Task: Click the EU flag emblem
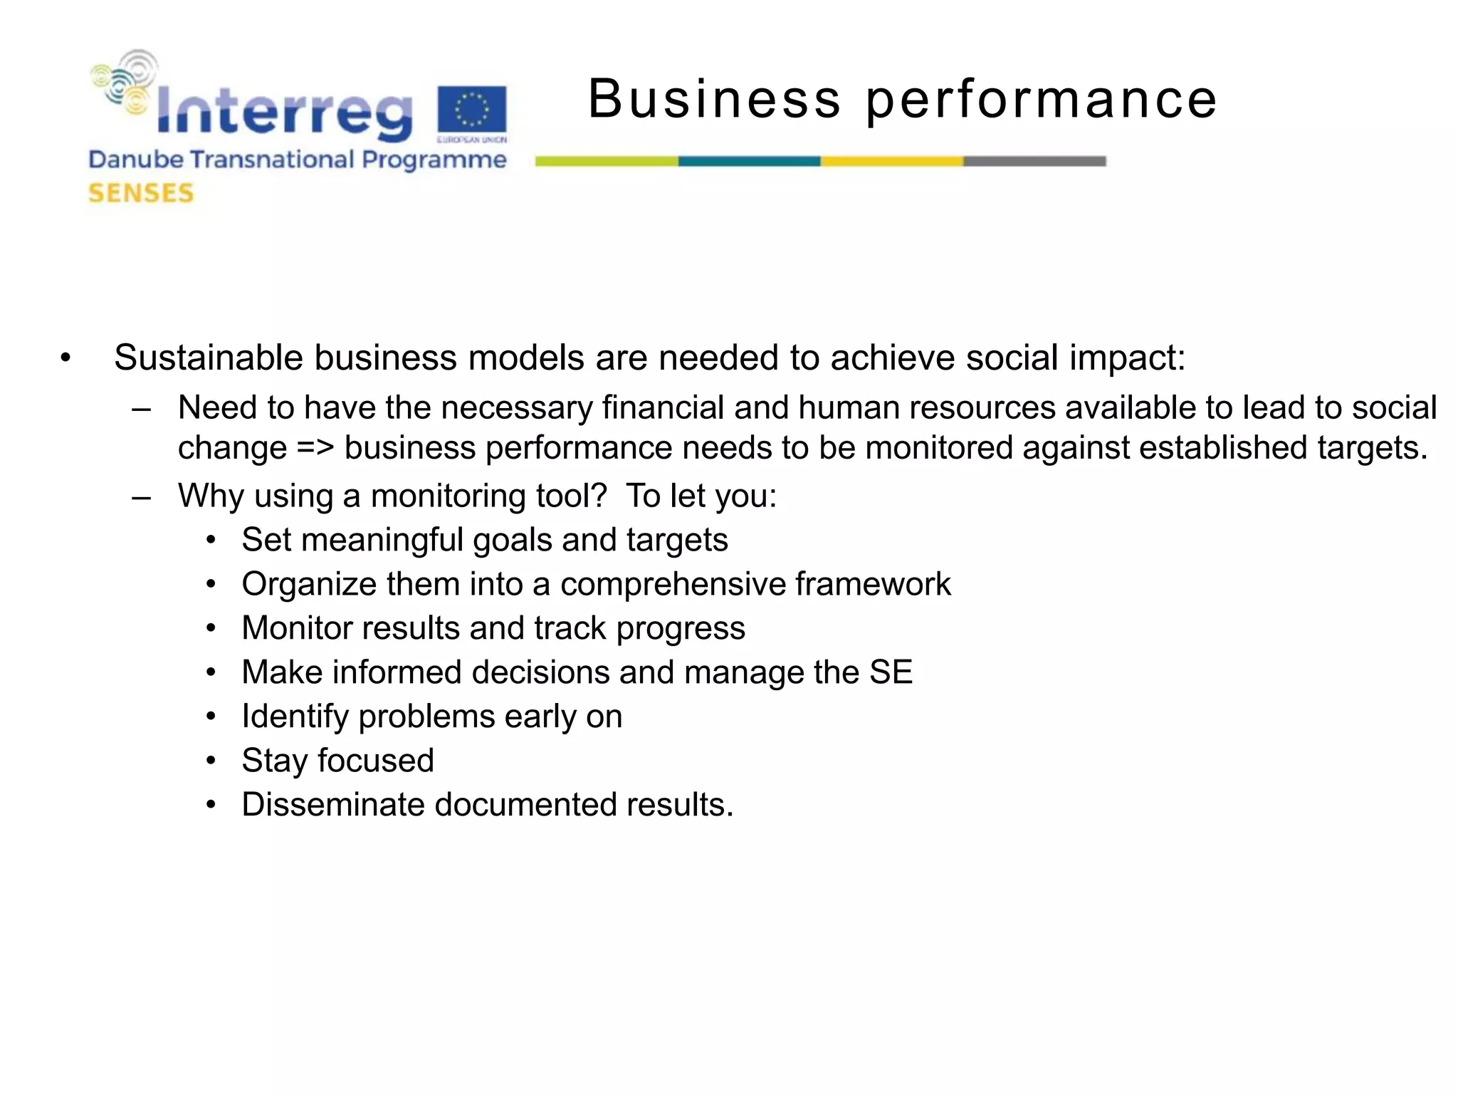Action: point(471,110)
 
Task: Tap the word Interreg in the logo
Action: point(283,111)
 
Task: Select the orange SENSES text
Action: point(141,193)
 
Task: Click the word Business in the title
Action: point(714,99)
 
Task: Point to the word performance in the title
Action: point(1041,99)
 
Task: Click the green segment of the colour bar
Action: point(606,162)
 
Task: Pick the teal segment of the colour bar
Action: point(749,162)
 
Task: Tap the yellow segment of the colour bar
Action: point(891,162)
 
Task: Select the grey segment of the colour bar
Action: point(1034,162)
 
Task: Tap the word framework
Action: point(872,584)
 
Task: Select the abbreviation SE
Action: point(891,672)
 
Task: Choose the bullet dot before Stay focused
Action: point(211,761)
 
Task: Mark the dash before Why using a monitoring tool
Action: point(141,496)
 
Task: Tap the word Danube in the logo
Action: point(135,160)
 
